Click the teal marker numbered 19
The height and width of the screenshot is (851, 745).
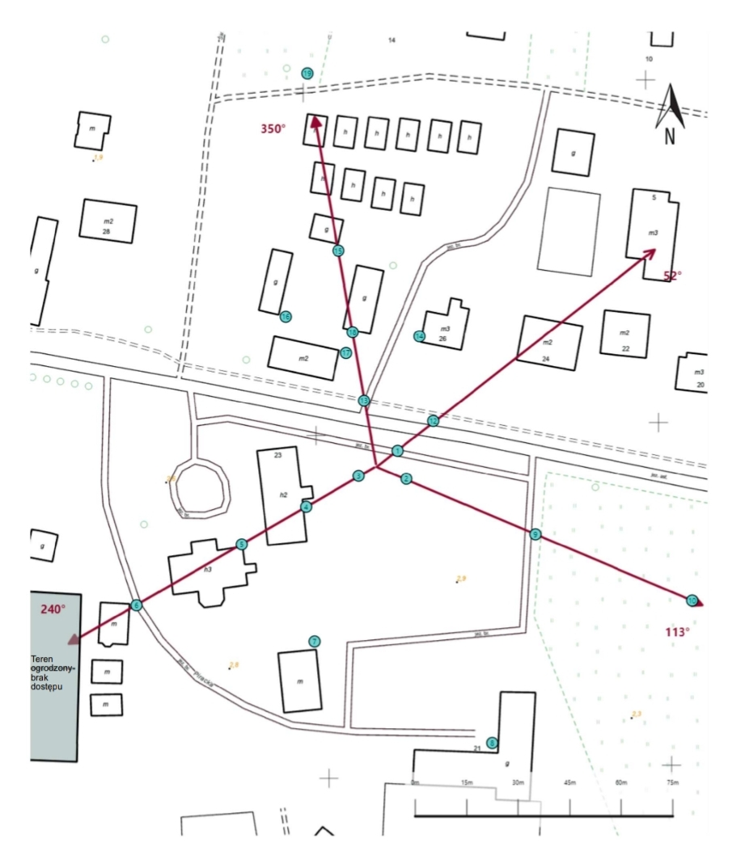307,74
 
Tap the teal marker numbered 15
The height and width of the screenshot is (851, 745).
338,251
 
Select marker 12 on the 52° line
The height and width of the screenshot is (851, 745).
433,421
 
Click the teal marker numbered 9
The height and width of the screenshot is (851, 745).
535,534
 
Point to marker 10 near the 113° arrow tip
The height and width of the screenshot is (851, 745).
692,600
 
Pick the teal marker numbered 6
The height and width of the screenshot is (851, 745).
136,605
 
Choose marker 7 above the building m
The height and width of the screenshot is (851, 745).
315,642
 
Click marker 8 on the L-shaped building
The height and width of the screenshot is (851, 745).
492,742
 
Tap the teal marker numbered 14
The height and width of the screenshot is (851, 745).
419,336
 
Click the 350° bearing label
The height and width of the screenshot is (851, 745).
273,128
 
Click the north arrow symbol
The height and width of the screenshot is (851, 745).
670,113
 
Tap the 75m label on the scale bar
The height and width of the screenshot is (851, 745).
671,782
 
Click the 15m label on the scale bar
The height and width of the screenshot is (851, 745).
466,782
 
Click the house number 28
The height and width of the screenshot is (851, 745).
106,232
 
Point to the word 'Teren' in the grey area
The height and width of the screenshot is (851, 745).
42,659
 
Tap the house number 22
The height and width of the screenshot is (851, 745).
625,348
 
